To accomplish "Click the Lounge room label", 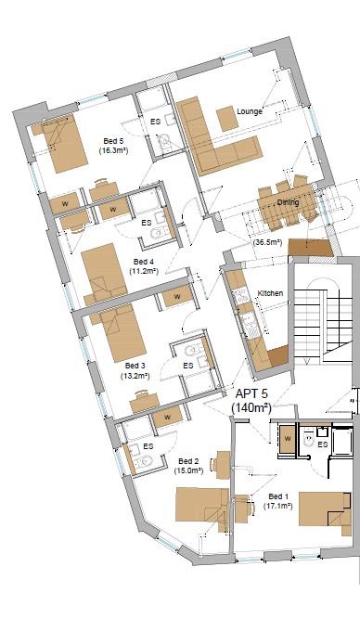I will pyautogui.click(x=250, y=111).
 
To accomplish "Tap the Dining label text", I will pyautogui.click(x=288, y=201).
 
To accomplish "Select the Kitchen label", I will pyautogui.click(x=270, y=293).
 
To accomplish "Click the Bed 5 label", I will pyautogui.click(x=111, y=141).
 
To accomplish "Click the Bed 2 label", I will pyautogui.click(x=188, y=461).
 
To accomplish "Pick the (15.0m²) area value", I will pyautogui.click(x=188, y=471).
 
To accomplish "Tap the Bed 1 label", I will pyautogui.click(x=277, y=496).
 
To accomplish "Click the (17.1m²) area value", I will pyautogui.click(x=277, y=507).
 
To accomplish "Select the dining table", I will pyautogui.click(x=286, y=213).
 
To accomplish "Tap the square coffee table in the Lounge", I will pyautogui.click(x=228, y=120).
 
